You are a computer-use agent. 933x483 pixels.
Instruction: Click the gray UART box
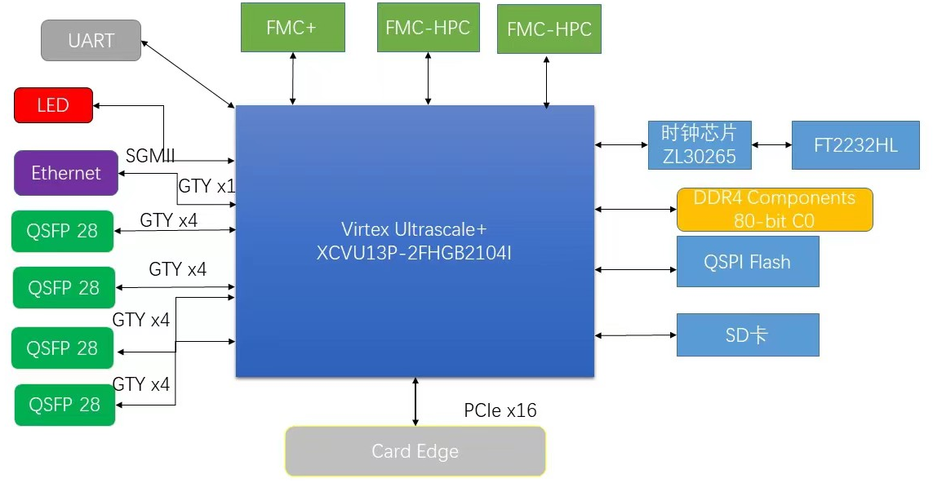91,41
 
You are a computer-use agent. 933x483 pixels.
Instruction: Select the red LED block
54,105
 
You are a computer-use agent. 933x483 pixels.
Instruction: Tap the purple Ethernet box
66,173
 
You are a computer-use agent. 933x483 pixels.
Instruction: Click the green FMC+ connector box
293,28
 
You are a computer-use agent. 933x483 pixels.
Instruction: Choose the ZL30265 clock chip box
700,145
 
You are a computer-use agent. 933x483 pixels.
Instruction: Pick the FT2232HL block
855,145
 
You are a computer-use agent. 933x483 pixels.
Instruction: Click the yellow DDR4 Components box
775,210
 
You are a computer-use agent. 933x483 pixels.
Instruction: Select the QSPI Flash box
748,262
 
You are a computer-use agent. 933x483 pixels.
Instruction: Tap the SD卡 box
748,335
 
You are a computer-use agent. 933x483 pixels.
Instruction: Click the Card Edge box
415,451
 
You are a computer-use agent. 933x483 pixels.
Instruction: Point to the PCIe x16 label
500,410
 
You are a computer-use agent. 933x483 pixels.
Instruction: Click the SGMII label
150,156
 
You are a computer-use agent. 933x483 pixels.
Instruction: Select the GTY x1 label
207,186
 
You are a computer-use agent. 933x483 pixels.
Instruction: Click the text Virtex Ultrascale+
414,229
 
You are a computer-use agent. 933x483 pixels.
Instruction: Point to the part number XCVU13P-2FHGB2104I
414,253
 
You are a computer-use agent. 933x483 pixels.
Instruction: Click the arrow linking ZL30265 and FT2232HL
771,144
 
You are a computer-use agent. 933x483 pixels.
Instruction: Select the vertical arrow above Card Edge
415,401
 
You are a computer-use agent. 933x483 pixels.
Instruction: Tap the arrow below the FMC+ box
293,78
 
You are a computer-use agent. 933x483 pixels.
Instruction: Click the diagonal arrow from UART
188,74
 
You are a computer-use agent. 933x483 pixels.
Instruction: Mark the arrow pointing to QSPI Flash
636,269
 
